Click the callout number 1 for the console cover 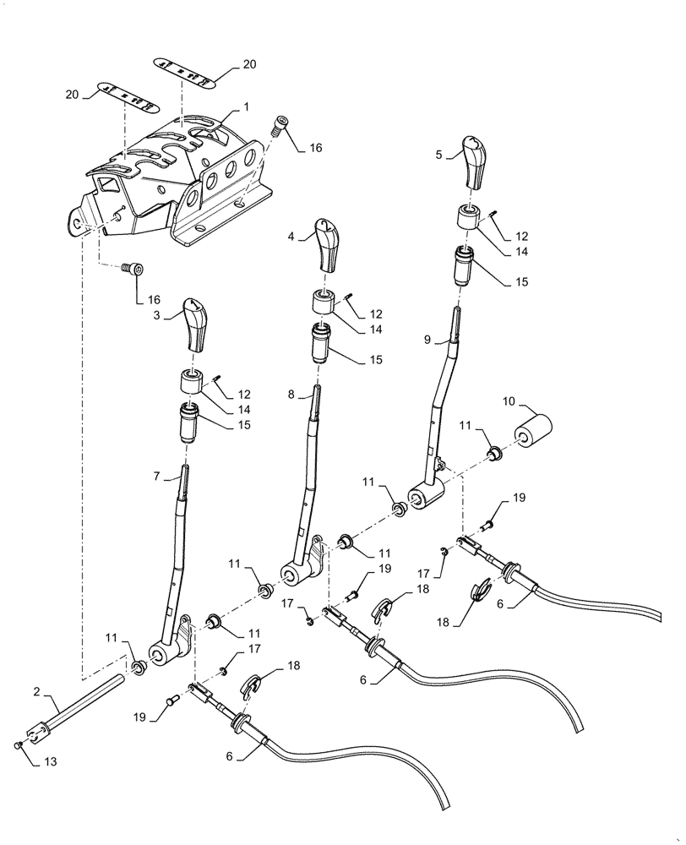click(246, 108)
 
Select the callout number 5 click(439, 155)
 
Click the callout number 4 click(291, 238)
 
